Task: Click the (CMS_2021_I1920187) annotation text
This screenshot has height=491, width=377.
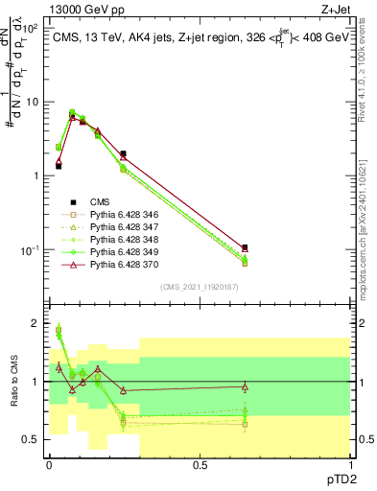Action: point(199,286)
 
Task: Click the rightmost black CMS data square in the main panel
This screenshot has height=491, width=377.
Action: point(245,247)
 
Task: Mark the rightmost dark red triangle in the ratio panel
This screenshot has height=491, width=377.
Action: point(245,386)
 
